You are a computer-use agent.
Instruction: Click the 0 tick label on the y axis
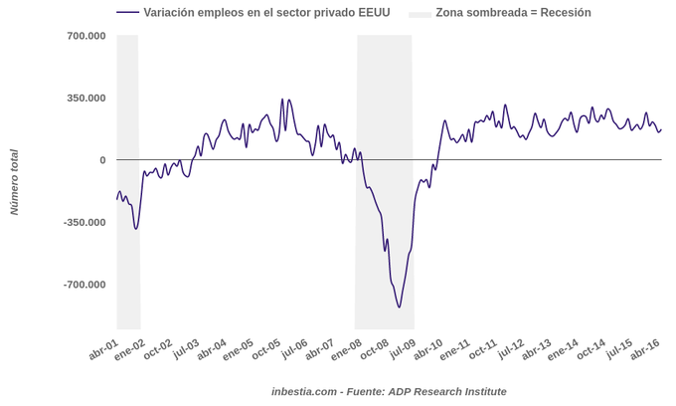pos(101,160)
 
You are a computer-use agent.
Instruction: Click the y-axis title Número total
pos(14,182)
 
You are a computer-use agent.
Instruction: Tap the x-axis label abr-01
pos(103,349)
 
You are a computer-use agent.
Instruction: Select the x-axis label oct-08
pos(374,349)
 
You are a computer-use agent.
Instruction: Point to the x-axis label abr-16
pos(645,349)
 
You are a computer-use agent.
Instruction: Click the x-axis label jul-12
pos(510,349)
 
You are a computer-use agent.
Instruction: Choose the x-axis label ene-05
pos(238,349)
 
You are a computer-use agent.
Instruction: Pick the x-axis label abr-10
pos(428,349)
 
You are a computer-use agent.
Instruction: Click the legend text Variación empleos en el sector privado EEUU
pos(266,13)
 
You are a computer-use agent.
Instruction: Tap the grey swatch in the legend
pos(421,13)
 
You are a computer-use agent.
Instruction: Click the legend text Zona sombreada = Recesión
pos(513,13)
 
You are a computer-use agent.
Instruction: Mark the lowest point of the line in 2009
pos(400,306)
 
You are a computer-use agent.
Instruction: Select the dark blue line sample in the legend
pos(127,13)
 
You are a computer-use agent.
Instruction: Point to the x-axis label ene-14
pos(564,349)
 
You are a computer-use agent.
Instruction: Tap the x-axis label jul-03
pos(185,349)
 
